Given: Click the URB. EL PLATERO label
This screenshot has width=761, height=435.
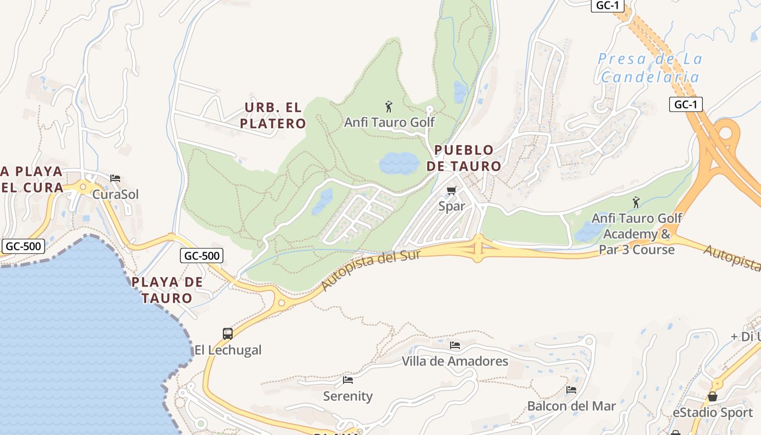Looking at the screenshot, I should pyautogui.click(x=273, y=115).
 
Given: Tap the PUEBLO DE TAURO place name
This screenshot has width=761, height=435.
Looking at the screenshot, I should pyautogui.click(x=464, y=158).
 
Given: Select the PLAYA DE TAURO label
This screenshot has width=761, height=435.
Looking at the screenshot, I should pyautogui.click(x=167, y=290).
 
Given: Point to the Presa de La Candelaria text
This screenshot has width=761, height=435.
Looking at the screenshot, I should pyautogui.click(x=650, y=68).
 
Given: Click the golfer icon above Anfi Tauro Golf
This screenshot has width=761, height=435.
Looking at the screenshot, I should pyautogui.click(x=388, y=106).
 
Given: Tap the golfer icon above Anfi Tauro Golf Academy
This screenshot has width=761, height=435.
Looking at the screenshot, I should pyautogui.click(x=635, y=202).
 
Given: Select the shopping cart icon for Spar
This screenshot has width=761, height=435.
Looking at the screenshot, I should pyautogui.click(x=451, y=190).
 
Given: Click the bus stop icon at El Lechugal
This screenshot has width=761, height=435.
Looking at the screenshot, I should pyautogui.click(x=228, y=333).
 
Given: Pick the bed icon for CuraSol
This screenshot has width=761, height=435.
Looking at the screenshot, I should pyautogui.click(x=115, y=178).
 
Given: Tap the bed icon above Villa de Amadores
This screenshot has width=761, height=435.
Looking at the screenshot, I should pyautogui.click(x=455, y=345).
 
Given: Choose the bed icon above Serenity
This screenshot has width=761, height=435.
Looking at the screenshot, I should pyautogui.click(x=348, y=380).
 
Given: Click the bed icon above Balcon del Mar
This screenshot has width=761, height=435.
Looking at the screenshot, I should pyautogui.click(x=571, y=390).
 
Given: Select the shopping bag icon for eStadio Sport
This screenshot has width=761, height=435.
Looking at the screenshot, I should pyautogui.click(x=712, y=396).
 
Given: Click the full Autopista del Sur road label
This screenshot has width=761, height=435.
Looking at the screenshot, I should pyautogui.click(x=371, y=270).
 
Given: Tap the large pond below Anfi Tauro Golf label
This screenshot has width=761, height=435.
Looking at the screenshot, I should pyautogui.click(x=399, y=163).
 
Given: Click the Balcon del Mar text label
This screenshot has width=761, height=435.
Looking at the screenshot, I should pyautogui.click(x=571, y=406).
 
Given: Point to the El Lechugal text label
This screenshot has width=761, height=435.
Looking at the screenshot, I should pyautogui.click(x=228, y=350).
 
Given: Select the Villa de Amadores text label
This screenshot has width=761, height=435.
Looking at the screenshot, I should pyautogui.click(x=455, y=361).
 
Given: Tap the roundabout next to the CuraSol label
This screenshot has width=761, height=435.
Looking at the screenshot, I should pyautogui.click(x=83, y=187).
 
